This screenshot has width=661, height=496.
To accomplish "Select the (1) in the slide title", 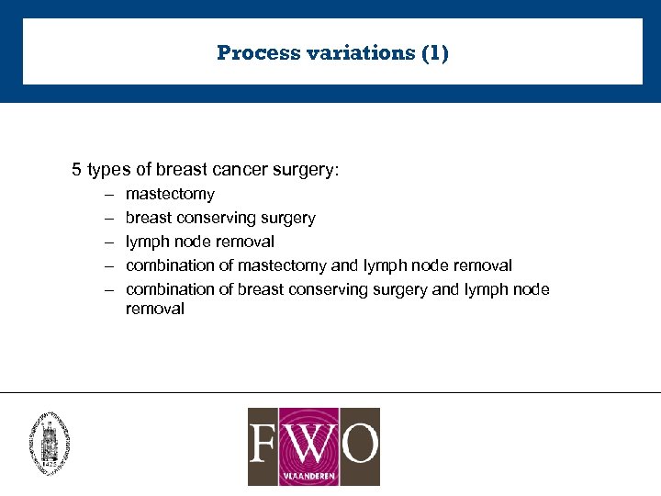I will [x=434, y=53].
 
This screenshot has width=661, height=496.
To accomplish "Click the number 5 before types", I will [x=77, y=170].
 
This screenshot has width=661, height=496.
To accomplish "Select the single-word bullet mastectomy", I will [x=170, y=194].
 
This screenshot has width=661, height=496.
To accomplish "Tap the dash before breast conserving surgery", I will [x=107, y=218].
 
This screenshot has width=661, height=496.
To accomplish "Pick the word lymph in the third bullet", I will [x=148, y=242].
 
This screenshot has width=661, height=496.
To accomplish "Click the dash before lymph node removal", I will [x=107, y=242].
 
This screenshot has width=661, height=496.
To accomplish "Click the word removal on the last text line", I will [x=155, y=310].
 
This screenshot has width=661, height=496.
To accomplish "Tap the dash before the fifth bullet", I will [x=107, y=289].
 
